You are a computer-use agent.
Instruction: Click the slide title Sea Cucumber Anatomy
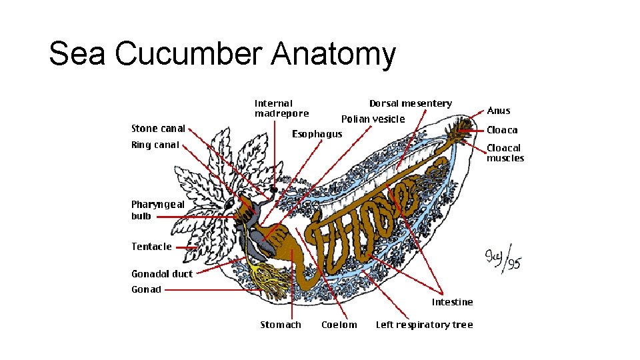coord(222,54)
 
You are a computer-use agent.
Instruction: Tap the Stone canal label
coord(158,129)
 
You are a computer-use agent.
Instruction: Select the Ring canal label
coord(155,145)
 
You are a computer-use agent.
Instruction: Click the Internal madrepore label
coord(281,108)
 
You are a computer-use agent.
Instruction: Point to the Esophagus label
coord(317,134)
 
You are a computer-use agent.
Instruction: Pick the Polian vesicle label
coord(373,119)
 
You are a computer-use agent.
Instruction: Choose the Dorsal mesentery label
coord(410,103)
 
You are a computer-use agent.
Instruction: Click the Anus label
coord(499,111)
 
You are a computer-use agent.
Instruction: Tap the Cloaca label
coord(502,130)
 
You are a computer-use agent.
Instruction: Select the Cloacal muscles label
coord(505,153)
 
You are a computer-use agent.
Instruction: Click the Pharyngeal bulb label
coord(157,210)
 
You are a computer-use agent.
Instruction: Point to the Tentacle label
coord(151,247)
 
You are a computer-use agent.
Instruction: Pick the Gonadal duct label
coord(161,274)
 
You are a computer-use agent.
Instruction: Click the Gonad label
coord(146,289)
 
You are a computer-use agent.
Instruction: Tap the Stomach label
coord(280,325)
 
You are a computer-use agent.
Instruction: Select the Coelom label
coord(339,325)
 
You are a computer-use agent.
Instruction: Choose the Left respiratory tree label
coord(424,325)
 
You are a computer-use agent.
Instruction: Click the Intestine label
coord(452,302)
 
